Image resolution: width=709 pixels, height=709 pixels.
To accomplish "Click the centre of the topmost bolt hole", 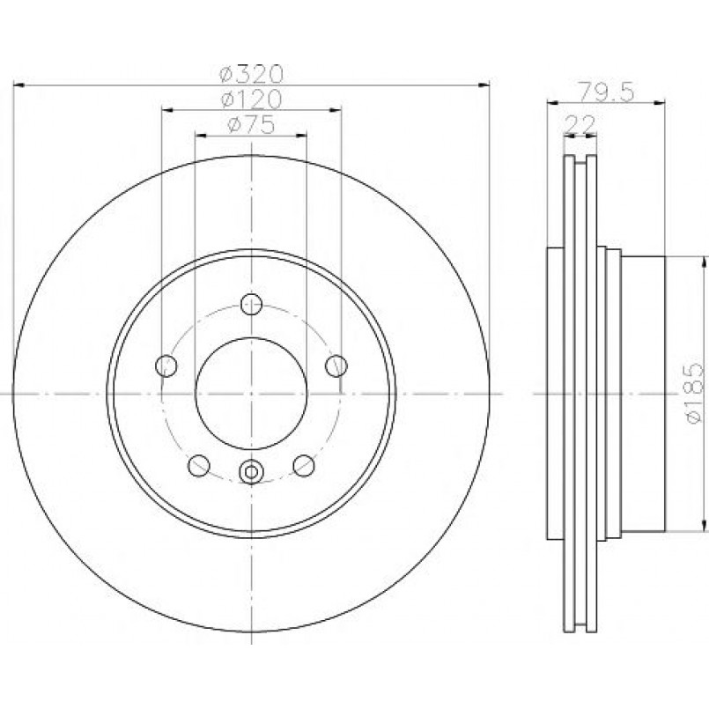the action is [251, 304].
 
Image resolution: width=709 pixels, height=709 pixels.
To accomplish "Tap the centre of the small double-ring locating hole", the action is [251, 472].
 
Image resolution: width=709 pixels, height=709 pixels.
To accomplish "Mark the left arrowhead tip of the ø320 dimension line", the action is [14, 85].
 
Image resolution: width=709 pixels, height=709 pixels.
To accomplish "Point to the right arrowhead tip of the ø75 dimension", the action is [307, 136].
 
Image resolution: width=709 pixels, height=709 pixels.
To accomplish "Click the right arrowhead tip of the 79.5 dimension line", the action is [665, 103].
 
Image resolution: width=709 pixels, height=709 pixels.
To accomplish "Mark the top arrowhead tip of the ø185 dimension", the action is [703, 256].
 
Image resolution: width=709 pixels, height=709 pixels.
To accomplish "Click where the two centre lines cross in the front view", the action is [251, 394].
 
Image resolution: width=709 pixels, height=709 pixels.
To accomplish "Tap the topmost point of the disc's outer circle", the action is [251, 156].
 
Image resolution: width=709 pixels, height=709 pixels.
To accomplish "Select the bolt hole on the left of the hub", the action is [166, 366].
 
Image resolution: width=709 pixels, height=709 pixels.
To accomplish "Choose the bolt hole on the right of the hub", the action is [336, 366].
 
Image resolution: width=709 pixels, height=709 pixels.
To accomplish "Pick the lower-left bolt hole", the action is [199, 465].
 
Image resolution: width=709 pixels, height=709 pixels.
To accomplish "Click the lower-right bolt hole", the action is [304, 465].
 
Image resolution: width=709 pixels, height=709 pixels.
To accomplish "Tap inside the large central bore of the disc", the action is [251, 394].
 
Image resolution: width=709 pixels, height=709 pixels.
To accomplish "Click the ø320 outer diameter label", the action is [251, 74].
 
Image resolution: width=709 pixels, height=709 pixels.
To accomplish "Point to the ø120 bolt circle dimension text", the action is [251, 100].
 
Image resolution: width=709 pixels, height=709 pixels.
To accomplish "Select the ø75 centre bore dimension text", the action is [251, 125].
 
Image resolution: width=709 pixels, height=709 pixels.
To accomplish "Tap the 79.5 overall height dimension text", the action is [607, 92].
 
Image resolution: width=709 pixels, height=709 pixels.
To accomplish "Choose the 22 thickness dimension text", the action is [581, 124].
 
